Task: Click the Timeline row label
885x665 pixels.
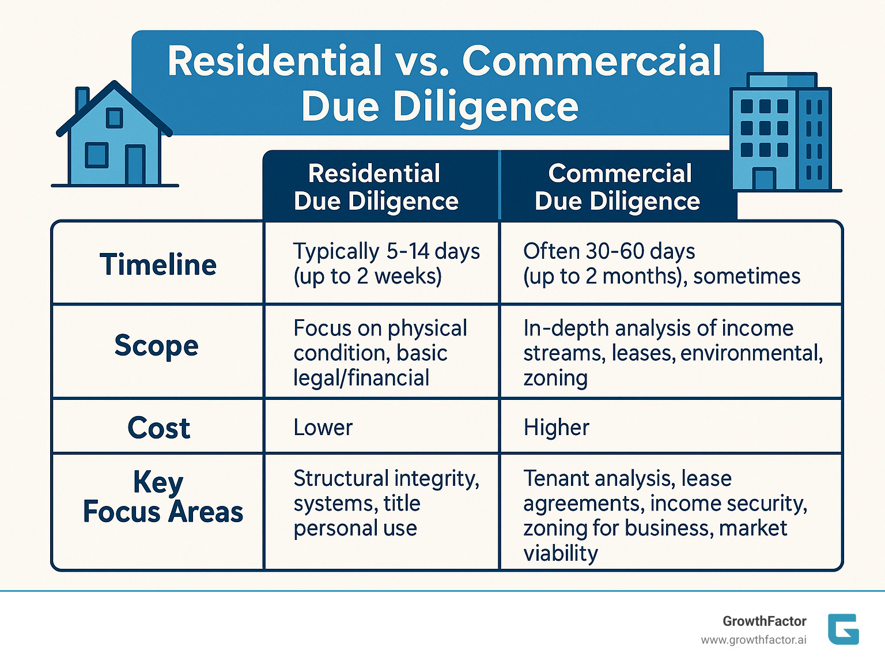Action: [x=158, y=265]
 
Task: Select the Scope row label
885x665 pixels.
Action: [x=156, y=346]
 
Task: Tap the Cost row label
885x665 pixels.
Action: [x=158, y=428]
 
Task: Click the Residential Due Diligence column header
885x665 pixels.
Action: [x=376, y=187]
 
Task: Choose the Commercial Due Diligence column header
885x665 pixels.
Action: [x=618, y=187]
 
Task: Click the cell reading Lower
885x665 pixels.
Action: [x=323, y=428]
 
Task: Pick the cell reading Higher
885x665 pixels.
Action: [x=556, y=428]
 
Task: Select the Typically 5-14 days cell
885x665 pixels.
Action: [x=386, y=263]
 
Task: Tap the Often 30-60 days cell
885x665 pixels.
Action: [x=661, y=263]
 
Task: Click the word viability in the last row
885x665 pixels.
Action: [x=561, y=553]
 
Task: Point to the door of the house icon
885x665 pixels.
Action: [x=135, y=165]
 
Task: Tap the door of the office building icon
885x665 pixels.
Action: [x=764, y=179]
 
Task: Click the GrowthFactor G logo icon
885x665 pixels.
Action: [x=843, y=629]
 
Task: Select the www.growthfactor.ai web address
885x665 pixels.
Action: [x=753, y=640]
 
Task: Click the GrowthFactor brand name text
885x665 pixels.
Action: [x=764, y=621]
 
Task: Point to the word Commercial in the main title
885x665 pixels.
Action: [x=591, y=61]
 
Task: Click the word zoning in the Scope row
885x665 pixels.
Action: [x=555, y=378]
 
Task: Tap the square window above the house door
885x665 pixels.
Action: [x=114, y=118]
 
